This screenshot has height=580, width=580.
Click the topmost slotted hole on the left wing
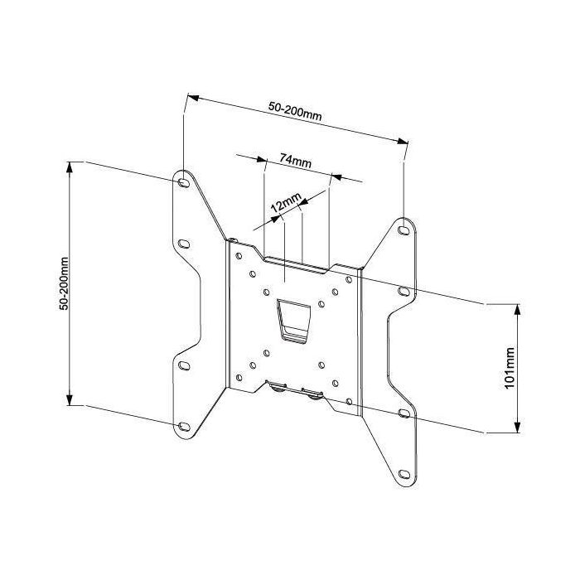point(181,180)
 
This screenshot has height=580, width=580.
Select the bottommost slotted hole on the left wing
point(182,425)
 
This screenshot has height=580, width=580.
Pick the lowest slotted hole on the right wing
point(404,476)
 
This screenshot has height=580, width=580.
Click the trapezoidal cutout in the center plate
point(293,319)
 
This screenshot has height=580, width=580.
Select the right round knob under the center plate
point(313,394)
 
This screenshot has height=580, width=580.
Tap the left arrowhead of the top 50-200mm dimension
point(190,98)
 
